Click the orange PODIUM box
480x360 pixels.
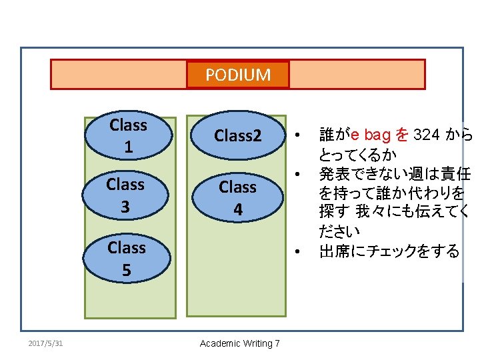click(x=238, y=75)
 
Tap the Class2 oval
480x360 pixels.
click(x=238, y=136)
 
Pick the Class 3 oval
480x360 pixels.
click(x=125, y=195)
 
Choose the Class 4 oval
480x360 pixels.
click(x=237, y=198)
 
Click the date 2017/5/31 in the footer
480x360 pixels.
click(x=45, y=343)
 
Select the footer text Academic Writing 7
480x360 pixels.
click(x=240, y=343)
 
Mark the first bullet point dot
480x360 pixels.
click(x=302, y=135)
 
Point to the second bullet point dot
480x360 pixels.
click(x=302, y=175)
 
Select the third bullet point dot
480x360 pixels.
click(x=302, y=252)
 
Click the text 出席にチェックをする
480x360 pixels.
click(x=389, y=251)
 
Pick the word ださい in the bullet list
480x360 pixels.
click(x=339, y=232)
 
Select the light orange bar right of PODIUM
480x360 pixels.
click(x=357, y=75)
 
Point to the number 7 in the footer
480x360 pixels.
click(x=277, y=343)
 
